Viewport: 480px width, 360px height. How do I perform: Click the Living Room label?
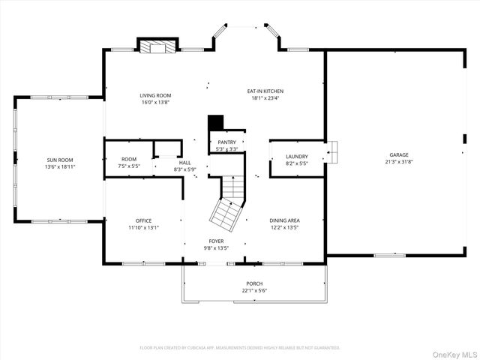click(x=155, y=95)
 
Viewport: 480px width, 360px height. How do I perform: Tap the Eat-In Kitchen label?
click(x=265, y=91)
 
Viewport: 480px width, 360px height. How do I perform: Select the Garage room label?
click(x=398, y=154)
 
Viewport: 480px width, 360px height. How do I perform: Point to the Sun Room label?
click(x=60, y=160)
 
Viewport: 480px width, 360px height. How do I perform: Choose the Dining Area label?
click(x=284, y=220)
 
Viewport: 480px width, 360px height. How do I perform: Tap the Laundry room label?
click(x=297, y=157)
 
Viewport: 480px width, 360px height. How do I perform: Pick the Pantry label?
click(x=226, y=142)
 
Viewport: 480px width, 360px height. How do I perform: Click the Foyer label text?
click(x=216, y=241)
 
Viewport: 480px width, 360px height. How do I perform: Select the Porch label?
click(x=254, y=283)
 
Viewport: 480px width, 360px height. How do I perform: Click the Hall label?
click(x=184, y=163)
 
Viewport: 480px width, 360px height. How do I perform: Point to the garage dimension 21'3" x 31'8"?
click(x=398, y=161)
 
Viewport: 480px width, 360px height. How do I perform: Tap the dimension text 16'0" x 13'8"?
click(x=155, y=102)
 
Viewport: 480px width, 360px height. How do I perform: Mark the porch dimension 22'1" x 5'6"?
click(x=254, y=290)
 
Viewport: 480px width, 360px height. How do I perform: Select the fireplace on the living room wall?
click(x=157, y=46)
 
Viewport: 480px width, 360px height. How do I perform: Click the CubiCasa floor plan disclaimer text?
click(x=240, y=347)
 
